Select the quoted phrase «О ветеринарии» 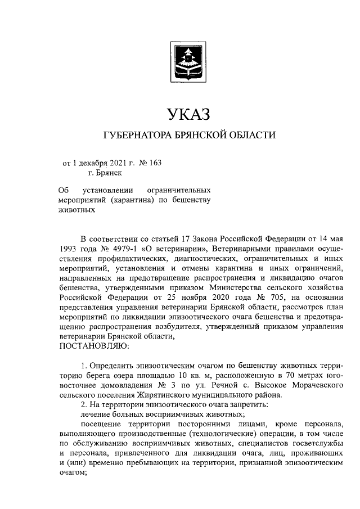tap(169, 248)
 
